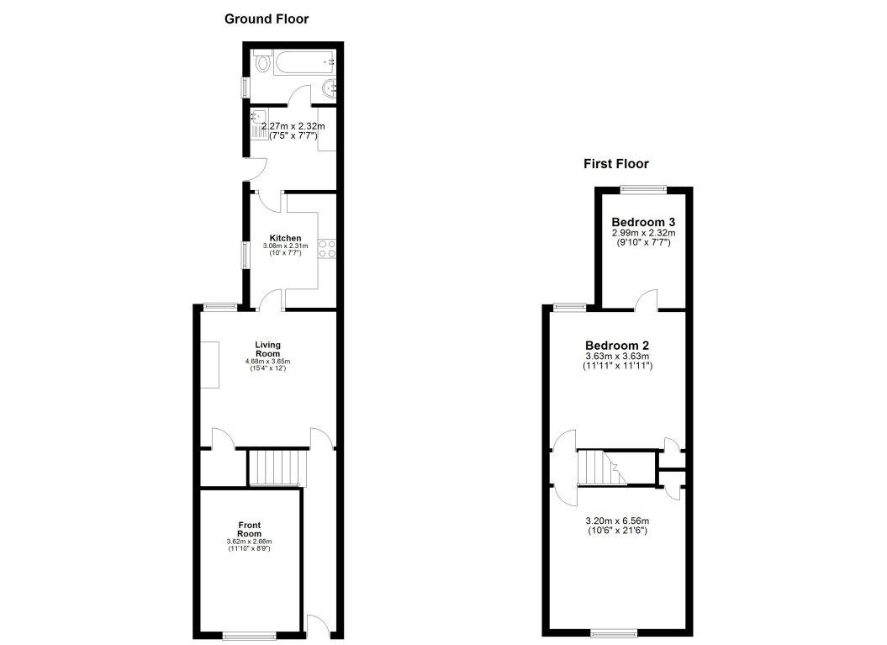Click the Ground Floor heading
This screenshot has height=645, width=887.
tap(266, 19)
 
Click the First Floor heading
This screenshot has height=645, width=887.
tap(616, 164)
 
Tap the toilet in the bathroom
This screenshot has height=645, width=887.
tap(261, 61)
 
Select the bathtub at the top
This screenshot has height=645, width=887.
tap(306, 61)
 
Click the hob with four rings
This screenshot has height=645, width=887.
tap(326, 248)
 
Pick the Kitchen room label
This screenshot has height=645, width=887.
tap(285, 238)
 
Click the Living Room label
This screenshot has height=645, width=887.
tap(268, 349)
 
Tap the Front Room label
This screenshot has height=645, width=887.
tap(249, 528)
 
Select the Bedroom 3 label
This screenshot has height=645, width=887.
tap(644, 222)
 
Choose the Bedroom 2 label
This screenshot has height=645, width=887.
tap(617, 346)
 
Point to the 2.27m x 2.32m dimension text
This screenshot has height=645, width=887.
tap(293, 126)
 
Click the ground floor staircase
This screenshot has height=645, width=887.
tap(276, 468)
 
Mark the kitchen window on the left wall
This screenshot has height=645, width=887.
tap(245, 255)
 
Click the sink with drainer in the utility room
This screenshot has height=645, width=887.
tap(259, 123)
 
